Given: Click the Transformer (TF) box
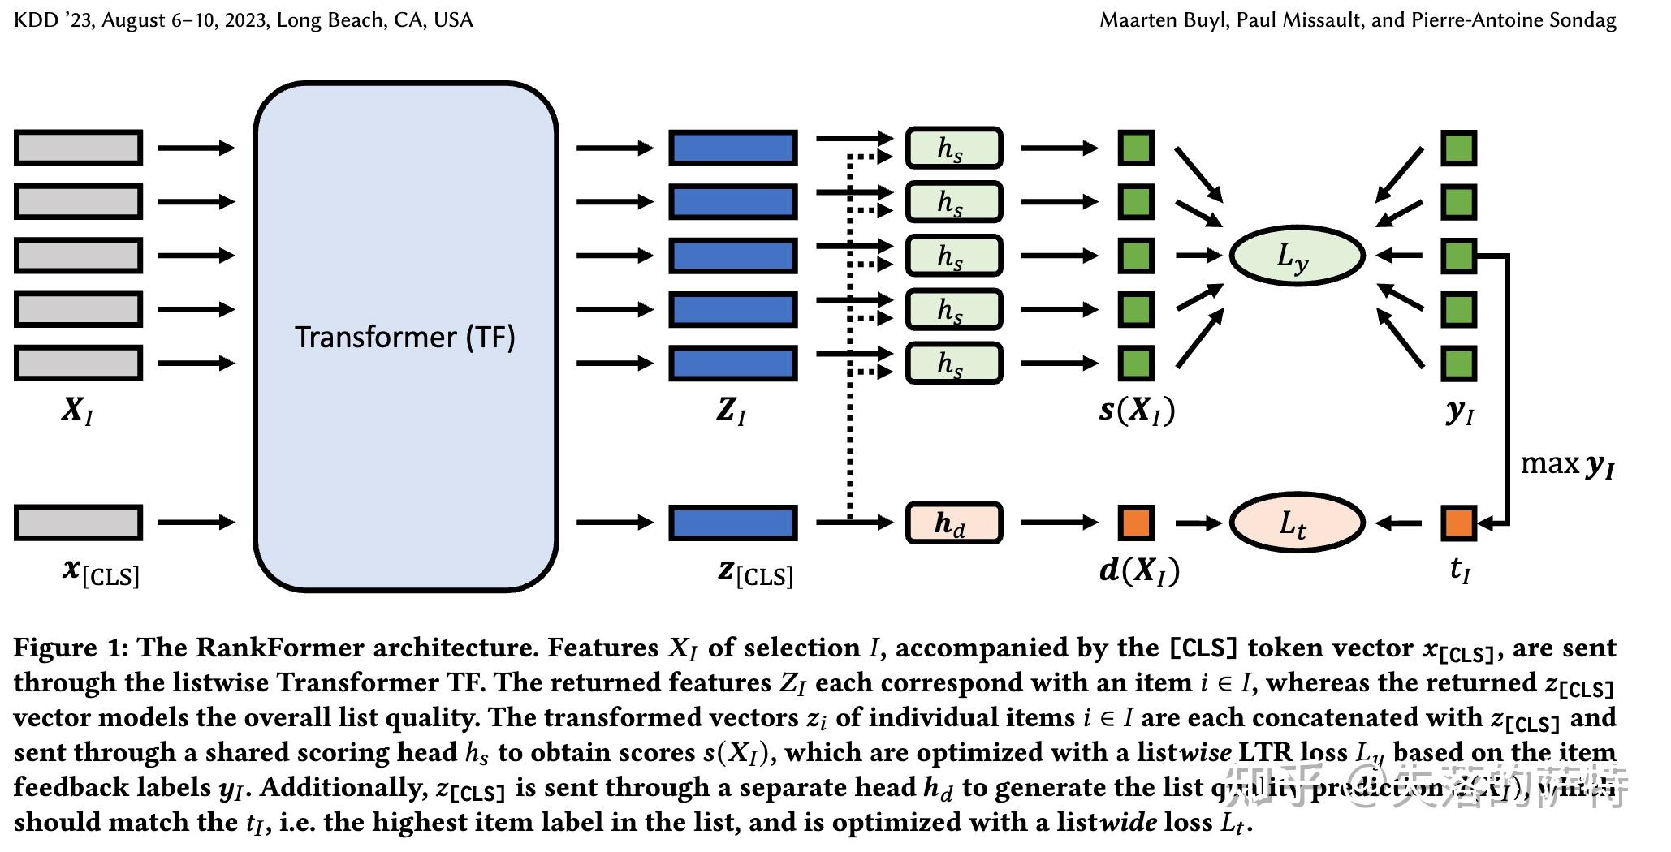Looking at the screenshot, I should pyautogui.click(x=405, y=336).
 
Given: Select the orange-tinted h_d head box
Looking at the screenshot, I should pyautogui.click(x=953, y=523).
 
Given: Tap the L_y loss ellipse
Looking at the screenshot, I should pyautogui.click(x=1296, y=256).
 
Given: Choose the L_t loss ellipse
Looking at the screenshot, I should pyautogui.click(x=1296, y=523).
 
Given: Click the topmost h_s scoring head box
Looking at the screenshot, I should pyautogui.click(x=953, y=148).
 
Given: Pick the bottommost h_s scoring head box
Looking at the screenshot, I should pyautogui.click(x=953, y=363).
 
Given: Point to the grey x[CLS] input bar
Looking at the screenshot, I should pyautogui.click(x=78, y=523).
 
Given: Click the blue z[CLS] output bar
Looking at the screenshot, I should pyautogui.click(x=732, y=523).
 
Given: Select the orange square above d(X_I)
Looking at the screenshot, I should pyautogui.click(x=1135, y=523).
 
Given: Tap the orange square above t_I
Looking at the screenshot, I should pyautogui.click(x=1458, y=523).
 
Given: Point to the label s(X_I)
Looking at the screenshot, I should pyautogui.click(x=1137, y=411).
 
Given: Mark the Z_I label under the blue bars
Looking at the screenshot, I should pyautogui.click(x=731, y=411).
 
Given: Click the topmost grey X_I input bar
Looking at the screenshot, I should pyautogui.click(x=78, y=148).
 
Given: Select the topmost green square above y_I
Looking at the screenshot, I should pyautogui.click(x=1458, y=148).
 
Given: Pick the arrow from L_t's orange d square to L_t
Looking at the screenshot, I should pyautogui.click(x=1198, y=523).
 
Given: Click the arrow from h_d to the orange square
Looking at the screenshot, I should pyautogui.click(x=1059, y=523).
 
